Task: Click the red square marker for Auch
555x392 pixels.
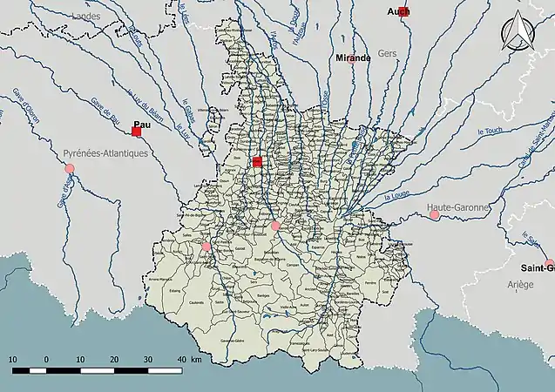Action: (403, 12)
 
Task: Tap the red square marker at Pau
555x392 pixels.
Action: (137, 132)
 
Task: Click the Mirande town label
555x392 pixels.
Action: (353, 57)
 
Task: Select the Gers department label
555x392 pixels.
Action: (388, 54)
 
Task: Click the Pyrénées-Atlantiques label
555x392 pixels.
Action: (105, 152)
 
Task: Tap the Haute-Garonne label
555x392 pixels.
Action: (458, 206)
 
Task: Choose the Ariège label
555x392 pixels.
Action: (518, 284)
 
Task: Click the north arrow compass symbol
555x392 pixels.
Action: (519, 33)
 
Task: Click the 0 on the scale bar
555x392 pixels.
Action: (46, 359)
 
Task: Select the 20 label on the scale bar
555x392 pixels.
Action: (114, 359)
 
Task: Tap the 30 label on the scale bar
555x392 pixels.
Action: (148, 359)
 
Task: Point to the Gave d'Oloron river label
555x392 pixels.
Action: (27, 107)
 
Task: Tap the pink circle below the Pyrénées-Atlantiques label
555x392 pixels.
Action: (70, 168)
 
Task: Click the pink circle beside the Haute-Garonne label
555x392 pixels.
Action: (434, 214)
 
